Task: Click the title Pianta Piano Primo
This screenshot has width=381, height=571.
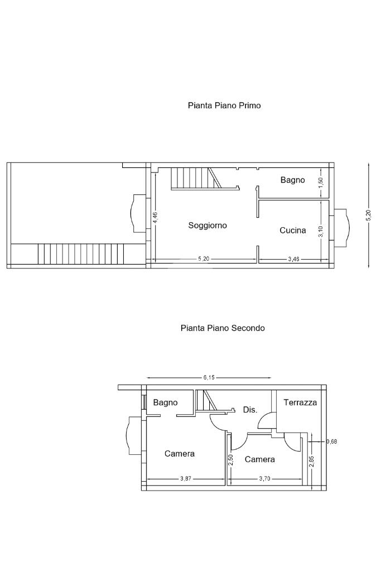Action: (224, 105)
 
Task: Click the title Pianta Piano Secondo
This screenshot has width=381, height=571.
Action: (223, 328)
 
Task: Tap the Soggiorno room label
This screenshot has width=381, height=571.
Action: (208, 226)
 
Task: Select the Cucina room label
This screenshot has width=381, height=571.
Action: (292, 230)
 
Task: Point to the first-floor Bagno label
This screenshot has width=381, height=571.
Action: (292, 180)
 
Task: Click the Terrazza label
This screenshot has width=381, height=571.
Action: (300, 402)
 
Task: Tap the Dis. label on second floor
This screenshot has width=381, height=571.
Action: (250, 410)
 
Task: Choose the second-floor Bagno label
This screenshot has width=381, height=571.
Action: (165, 403)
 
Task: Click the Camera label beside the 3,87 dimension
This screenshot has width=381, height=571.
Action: (180, 454)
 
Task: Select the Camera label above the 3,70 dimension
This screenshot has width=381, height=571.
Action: (260, 459)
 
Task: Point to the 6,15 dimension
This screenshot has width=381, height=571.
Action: (209, 378)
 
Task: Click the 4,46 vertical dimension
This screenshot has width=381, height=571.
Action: (155, 217)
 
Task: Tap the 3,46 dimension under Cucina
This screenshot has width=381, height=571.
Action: (293, 260)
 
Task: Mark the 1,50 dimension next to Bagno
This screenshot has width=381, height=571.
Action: (321, 183)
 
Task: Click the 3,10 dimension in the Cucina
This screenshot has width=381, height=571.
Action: (321, 231)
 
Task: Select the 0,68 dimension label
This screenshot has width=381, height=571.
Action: (331, 442)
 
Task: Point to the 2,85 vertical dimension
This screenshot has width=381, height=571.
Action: (311, 462)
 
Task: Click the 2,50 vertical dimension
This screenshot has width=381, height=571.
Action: (230, 460)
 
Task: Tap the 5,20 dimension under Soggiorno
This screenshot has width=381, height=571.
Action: (204, 260)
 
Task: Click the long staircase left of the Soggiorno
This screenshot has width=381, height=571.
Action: (81, 254)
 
